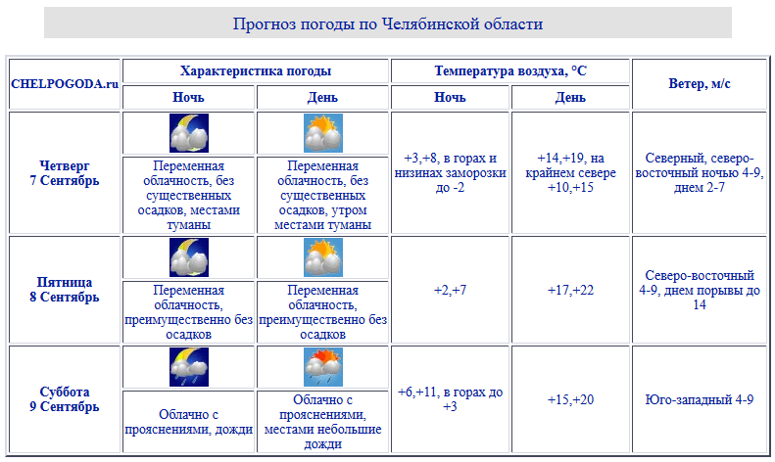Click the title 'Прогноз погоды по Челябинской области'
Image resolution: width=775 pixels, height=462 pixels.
tap(387, 23)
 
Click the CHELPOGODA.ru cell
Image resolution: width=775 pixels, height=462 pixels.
tap(65, 84)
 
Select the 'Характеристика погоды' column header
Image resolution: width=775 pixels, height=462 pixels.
tap(256, 71)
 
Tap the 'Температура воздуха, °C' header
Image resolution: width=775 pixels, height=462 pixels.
tap(510, 71)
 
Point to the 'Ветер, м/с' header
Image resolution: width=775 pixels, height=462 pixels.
tap(699, 84)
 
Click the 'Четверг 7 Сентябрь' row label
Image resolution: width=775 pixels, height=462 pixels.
tap(65, 173)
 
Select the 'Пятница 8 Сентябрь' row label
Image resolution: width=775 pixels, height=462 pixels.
tap(65, 290)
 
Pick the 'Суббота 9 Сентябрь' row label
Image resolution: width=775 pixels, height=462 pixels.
tap(65, 399)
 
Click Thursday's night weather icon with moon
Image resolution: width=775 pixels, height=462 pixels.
tap(189, 133)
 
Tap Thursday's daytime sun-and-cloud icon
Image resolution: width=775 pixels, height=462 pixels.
tap(323, 133)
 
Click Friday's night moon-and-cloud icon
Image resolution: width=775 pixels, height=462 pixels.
tap(189, 257)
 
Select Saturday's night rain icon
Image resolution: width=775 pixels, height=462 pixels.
tap(189, 367)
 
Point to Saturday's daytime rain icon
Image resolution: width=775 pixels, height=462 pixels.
tap(323, 367)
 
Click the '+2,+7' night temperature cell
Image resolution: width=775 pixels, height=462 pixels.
tap(450, 290)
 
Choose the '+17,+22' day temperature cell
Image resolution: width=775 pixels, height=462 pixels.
tap(571, 290)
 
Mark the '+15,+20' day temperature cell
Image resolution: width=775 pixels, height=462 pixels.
tap(571, 399)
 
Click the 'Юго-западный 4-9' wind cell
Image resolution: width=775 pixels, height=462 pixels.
tap(699, 399)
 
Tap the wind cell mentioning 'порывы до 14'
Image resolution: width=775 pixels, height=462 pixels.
tap(699, 290)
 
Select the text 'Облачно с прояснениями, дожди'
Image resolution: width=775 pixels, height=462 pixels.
tap(189, 421)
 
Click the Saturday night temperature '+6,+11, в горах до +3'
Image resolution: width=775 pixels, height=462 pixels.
tap(450, 399)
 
